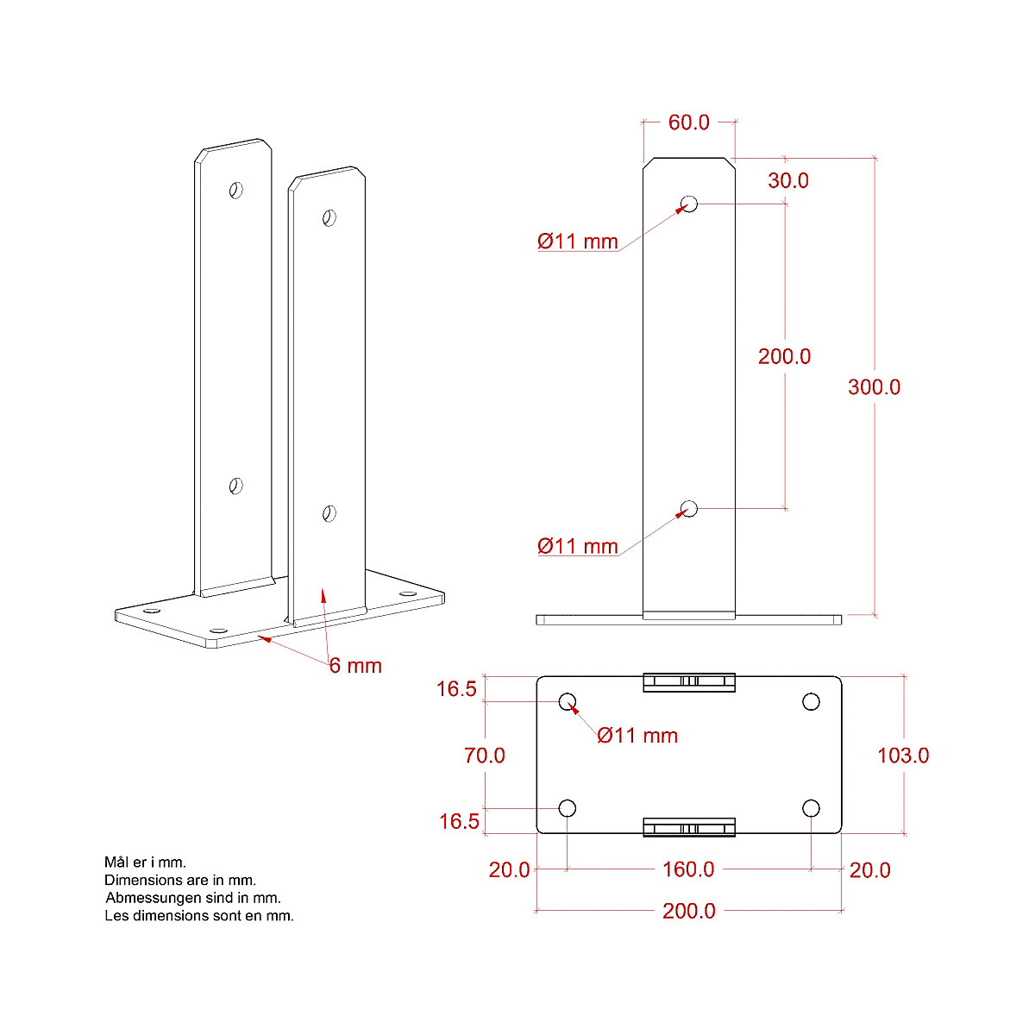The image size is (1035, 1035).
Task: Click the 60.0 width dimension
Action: (688, 122)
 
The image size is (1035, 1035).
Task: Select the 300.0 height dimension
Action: (874, 387)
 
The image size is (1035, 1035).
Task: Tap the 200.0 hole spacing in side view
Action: (784, 356)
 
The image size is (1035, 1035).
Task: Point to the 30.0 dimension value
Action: (788, 180)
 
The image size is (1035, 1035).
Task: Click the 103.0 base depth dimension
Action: (902, 756)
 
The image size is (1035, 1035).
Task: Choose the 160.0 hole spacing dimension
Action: (688, 869)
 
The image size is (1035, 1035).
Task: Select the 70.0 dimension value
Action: (484, 756)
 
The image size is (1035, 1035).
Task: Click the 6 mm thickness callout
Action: (355, 666)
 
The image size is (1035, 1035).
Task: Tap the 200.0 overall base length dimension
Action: (688, 911)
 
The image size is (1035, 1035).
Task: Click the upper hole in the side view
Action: (688, 204)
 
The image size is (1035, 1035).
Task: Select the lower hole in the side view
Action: (688, 508)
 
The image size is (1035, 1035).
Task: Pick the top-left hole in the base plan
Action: (568, 701)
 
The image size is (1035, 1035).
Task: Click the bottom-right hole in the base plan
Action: (811, 808)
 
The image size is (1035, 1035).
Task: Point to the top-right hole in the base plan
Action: (811, 701)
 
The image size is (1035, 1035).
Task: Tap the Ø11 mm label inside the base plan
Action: (637, 736)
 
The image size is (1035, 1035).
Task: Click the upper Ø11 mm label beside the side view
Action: (577, 241)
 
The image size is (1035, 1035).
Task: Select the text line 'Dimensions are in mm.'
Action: (180, 881)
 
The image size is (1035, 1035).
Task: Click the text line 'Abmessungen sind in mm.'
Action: (192, 898)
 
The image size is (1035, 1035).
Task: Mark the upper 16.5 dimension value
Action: (456, 689)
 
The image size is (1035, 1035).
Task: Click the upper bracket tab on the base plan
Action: (688, 682)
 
